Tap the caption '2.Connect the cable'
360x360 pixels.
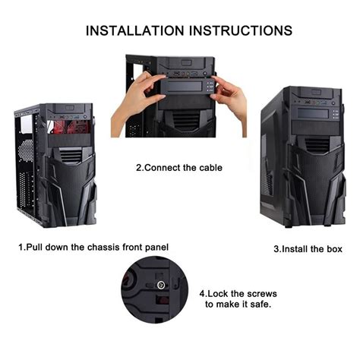point(179,167)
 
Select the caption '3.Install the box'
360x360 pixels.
point(307,248)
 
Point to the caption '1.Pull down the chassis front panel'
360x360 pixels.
point(93,247)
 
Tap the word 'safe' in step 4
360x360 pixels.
point(257,304)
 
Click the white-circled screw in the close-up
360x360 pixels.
point(160,286)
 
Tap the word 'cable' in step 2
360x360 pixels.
point(209,167)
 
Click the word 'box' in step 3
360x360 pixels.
point(334,248)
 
